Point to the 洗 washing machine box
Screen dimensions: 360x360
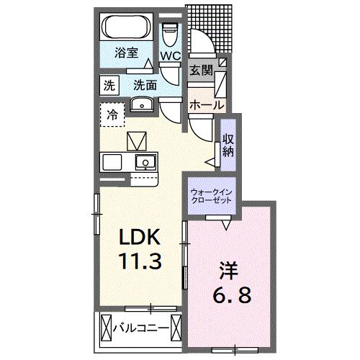108,84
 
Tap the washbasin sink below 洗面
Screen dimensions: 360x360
144,103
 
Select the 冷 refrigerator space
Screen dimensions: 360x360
112,113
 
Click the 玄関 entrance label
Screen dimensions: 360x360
201,71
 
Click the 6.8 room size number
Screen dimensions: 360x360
231,295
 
